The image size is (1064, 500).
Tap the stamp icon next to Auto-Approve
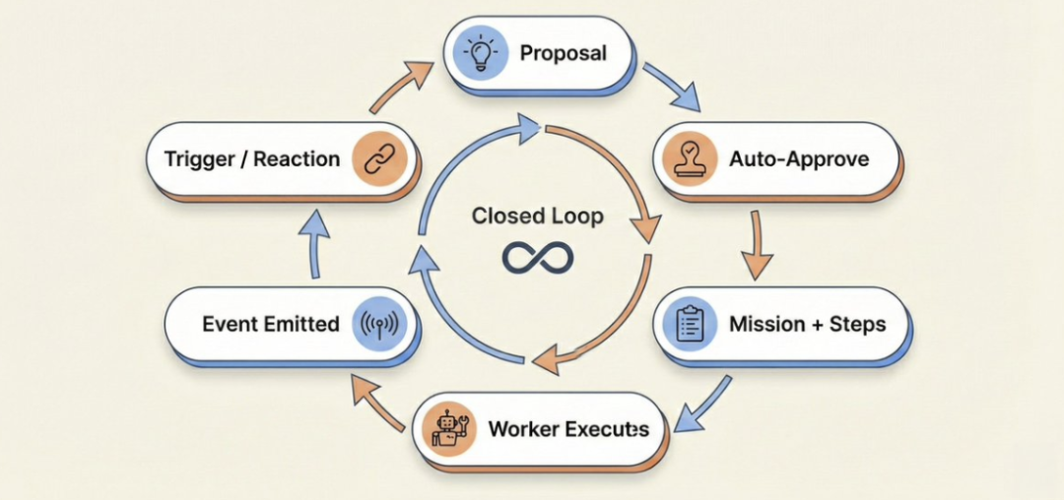coord(689,159)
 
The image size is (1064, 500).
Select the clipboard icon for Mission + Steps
coord(689,324)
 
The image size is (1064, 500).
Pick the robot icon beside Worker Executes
coord(448,428)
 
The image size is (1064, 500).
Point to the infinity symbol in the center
coord(538,258)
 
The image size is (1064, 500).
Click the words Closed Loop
coord(538,217)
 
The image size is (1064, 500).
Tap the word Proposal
coord(563,53)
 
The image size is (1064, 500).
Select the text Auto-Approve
coord(799,159)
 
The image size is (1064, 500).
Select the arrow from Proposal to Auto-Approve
coord(671,86)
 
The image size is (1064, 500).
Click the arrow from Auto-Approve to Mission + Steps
coord(758,244)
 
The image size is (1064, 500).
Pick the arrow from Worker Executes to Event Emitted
coord(376,404)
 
